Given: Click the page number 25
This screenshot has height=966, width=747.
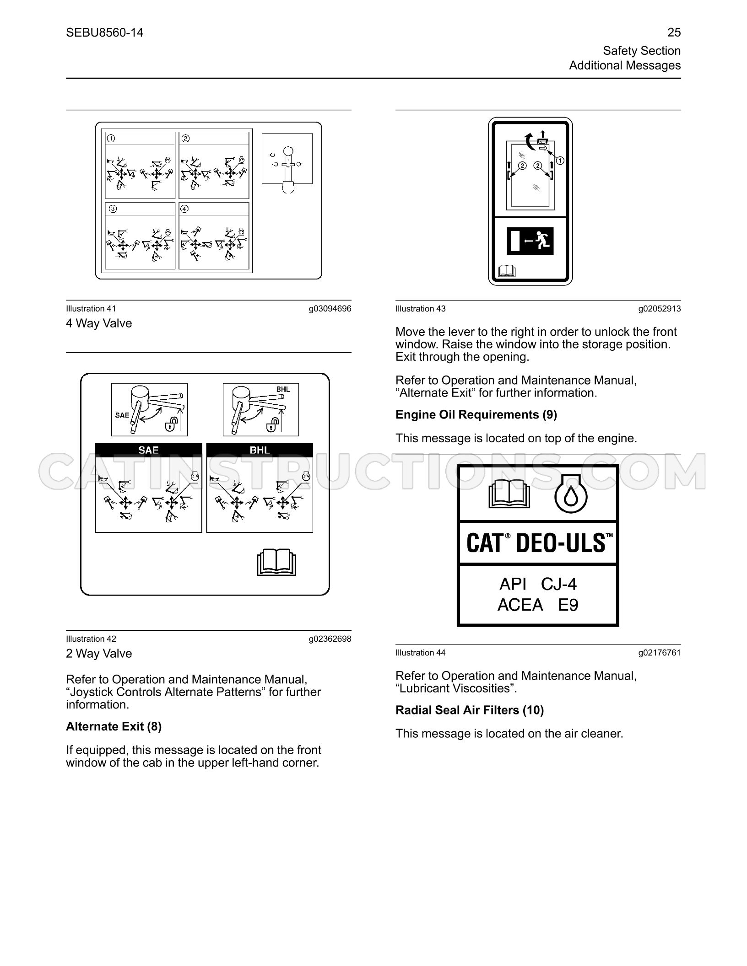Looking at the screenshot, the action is point(674,32).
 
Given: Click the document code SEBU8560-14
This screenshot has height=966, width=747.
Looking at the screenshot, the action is point(104,32).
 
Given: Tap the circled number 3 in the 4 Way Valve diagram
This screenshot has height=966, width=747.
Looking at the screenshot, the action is point(113,209).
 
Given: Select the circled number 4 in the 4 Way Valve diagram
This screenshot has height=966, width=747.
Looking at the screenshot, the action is point(185,209).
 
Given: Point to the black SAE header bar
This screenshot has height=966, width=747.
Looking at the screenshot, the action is point(148,450).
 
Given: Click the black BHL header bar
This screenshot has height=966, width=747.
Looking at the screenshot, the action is point(260,450).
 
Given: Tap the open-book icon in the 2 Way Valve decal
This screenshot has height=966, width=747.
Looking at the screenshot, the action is point(276,563).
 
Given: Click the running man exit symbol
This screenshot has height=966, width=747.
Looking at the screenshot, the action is point(543,241).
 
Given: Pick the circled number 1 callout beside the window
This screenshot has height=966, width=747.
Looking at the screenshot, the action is point(560,161).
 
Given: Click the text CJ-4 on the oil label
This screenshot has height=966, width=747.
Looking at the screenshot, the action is point(558,584).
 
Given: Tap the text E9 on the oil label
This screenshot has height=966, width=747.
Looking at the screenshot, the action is point(568,605).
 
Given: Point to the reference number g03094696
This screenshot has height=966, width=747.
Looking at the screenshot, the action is point(330,309).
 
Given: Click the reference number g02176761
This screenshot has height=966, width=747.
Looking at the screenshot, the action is point(660,653).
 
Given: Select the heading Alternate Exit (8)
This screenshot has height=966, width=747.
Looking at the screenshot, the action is point(114,726).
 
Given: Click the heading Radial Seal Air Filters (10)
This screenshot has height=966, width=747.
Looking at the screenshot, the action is point(470,710).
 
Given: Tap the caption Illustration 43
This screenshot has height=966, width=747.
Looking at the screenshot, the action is point(420,309).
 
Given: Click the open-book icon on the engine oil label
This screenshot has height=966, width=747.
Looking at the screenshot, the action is point(509,494).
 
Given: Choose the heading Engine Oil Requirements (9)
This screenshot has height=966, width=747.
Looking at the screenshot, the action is point(476,414).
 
